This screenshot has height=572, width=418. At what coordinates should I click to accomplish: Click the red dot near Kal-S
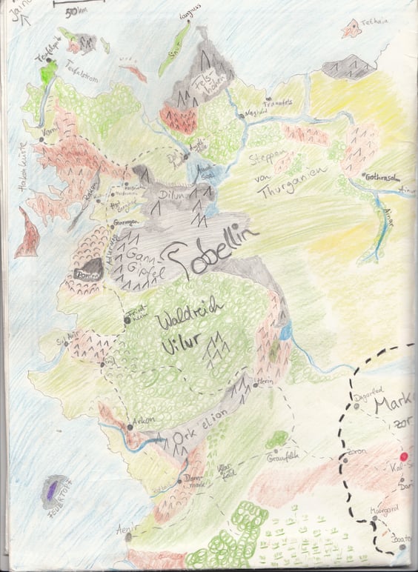tap(405, 456)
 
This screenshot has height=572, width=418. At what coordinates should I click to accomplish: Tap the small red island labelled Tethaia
tap(350, 29)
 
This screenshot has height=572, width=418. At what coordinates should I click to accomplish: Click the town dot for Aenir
tap(127, 536)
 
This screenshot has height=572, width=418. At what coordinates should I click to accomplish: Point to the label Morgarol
tap(382, 511)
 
